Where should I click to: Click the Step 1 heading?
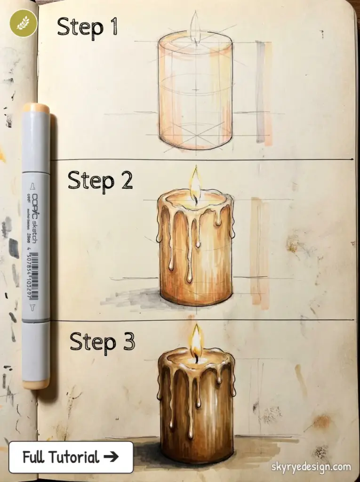click(x=87, y=27)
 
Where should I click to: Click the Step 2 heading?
click(x=100, y=180)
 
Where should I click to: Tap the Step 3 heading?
click(x=102, y=341)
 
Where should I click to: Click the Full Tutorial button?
click(x=71, y=457)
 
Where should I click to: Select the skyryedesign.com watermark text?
click(x=311, y=467)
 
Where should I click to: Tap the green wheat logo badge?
click(x=23, y=23)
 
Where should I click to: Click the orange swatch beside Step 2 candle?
click(x=259, y=252)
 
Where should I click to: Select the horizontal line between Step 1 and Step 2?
click(x=202, y=160)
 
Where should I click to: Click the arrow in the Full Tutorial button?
click(x=112, y=457)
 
